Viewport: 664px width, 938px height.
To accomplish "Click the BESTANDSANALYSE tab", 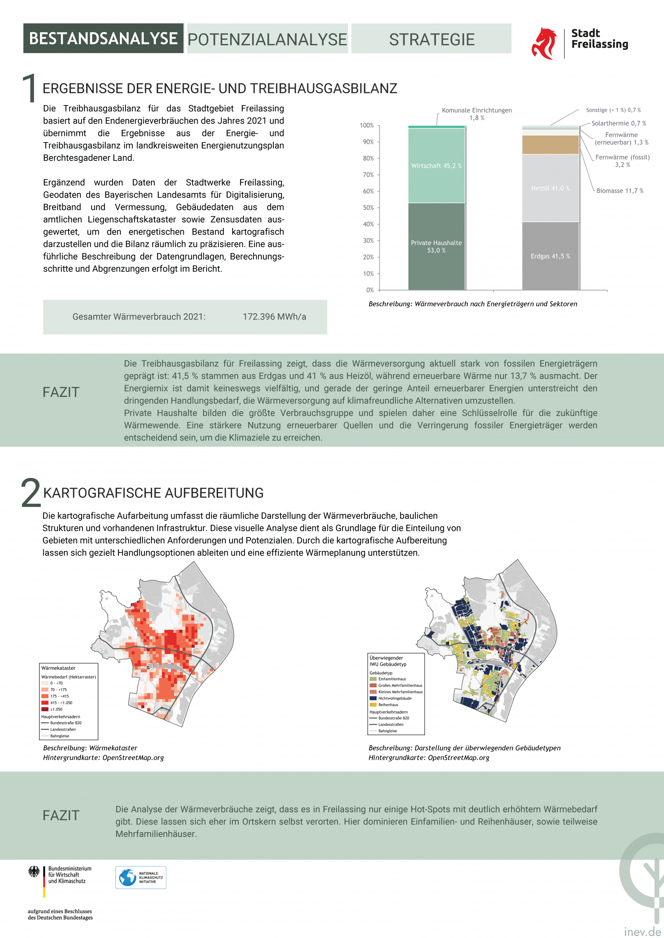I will tap(103, 38).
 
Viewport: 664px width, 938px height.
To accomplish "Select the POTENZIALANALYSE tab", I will tap(267, 39).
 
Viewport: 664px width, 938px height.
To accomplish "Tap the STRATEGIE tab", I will tap(431, 39).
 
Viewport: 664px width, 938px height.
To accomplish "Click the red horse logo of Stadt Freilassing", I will tap(544, 43).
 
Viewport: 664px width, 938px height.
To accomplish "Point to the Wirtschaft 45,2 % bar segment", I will tap(436, 166).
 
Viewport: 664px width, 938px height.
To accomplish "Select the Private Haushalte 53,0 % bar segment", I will tap(436, 246).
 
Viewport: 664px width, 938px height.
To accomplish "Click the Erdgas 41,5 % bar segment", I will tap(550, 256).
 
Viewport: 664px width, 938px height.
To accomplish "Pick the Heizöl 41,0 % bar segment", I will tap(550, 188).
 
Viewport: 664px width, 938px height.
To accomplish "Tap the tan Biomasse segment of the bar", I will tap(550, 145).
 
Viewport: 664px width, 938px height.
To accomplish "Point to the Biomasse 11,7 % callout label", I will tap(619, 191).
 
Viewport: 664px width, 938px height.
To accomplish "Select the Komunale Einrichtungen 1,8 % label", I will tap(477, 114).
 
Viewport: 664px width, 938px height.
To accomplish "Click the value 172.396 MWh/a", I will tap(274, 317).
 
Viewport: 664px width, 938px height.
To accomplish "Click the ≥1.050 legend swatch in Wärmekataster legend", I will tap(45, 709).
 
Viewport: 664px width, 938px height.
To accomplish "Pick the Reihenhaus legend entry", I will tap(388, 705).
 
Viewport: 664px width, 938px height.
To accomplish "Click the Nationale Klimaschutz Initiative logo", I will tap(141, 878).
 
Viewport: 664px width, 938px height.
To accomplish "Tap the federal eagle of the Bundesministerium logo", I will tap(34, 872).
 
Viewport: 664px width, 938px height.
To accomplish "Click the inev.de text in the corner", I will tap(643, 931).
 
